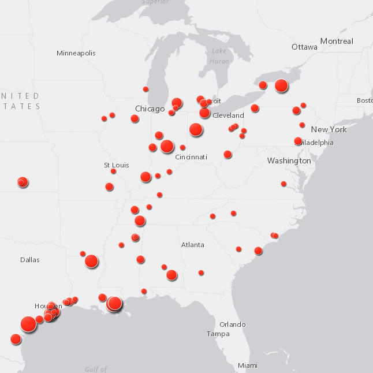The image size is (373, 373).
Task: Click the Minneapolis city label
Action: click(76, 53)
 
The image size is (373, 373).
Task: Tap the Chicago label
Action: click(150, 109)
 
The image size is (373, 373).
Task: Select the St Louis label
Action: click(116, 165)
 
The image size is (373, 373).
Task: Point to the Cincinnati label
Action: click(191, 157)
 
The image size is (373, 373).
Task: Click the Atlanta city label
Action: click(192, 245)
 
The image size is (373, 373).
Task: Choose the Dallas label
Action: click(30, 260)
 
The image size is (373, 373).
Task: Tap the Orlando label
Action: click(232, 324)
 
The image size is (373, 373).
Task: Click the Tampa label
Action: click(218, 334)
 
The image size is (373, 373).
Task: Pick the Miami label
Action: click(248, 365)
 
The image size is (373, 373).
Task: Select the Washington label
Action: click(289, 161)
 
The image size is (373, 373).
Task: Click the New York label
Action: click(329, 129)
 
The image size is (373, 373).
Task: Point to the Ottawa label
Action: click(304, 47)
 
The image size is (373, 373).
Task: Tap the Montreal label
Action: click(337, 41)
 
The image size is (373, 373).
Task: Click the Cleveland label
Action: click(228, 115)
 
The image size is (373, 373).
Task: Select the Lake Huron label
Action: click(219, 56)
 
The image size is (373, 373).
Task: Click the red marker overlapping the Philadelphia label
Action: click(298, 141)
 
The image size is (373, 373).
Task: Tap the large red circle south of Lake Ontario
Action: click(281, 85)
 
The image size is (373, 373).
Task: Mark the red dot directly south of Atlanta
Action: click(201, 273)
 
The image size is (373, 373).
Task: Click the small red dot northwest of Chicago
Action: click(146, 89)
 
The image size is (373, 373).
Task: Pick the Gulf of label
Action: click(96, 370)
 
